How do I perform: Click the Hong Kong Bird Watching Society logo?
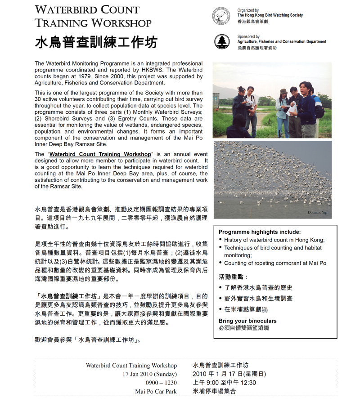221,16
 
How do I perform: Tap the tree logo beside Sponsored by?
221,42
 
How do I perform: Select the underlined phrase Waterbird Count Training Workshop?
100,154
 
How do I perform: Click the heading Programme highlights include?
260,232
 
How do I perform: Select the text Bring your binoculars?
247,321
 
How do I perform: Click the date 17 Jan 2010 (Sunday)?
149,374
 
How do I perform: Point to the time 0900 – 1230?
161,383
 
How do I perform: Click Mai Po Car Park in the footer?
156,391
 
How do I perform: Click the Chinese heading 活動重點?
233,277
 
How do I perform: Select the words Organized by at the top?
248,10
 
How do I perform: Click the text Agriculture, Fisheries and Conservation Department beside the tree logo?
282,42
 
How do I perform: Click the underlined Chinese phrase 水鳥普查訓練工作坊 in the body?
69,297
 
